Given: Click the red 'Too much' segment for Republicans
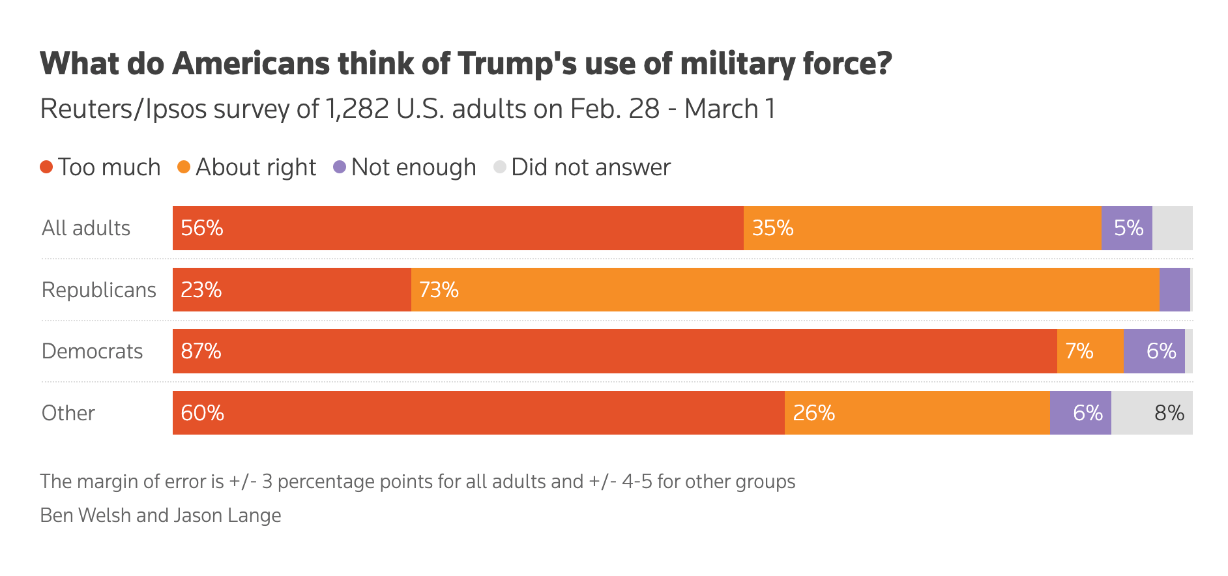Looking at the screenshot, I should coord(292,289).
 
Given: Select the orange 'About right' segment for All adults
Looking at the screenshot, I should coord(922,228).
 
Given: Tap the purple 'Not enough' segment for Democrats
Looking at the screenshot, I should coord(1154,351).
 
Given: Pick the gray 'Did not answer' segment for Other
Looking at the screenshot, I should coord(1152,413).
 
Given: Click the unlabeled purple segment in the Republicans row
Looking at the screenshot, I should coord(1175,289).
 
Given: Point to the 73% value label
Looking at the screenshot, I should coord(439,290).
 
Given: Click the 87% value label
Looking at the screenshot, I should coord(201,351).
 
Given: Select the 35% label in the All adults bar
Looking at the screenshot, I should coord(772,228).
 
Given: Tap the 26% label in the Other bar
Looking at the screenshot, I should coord(813,413).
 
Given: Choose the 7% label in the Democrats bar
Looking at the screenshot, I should coord(1079,351).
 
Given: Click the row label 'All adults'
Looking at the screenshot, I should coord(86,228).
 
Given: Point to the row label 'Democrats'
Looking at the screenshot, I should coord(92,351).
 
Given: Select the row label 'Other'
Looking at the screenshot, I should coord(68,413).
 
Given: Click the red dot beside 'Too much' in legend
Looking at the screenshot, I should coord(46,167).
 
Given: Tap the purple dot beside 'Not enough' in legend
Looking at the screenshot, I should coord(340,167).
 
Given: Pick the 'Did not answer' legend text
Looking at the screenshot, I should coord(591,167).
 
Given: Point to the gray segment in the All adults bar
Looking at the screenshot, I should coord(1172,228).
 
